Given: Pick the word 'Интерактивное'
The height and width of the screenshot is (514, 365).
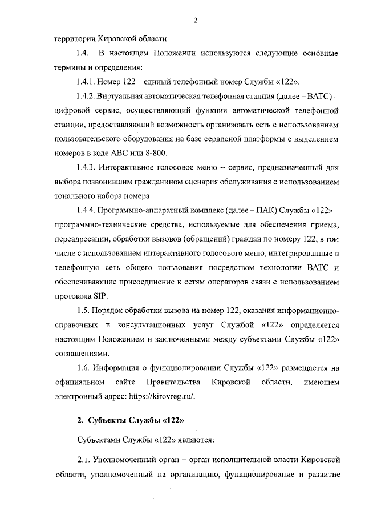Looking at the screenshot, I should (x=129, y=168).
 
